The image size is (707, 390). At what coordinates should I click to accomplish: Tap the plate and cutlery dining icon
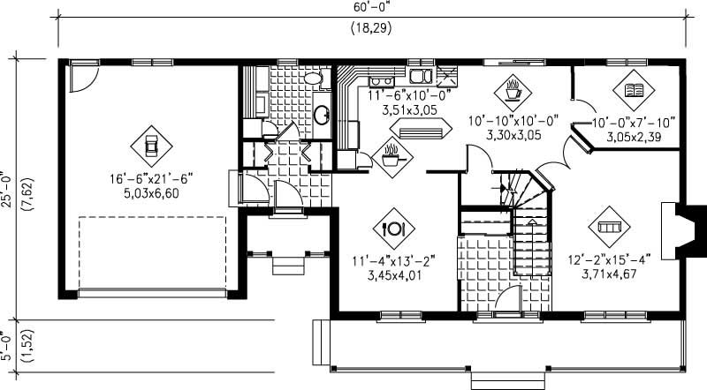pos(392,228)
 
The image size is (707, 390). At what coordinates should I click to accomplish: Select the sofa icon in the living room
pos(608,227)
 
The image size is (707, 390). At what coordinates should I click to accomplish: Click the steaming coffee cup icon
pos(512,88)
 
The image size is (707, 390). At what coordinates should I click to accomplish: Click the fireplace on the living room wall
pos(681,221)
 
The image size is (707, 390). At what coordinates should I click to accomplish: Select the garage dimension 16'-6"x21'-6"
pos(151,178)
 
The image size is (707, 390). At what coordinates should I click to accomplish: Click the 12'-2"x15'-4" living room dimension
pos(609,260)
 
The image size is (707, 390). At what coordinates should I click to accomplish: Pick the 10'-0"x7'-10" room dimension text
pos(628,124)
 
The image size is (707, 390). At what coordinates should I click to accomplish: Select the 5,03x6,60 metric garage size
pos(151,192)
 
